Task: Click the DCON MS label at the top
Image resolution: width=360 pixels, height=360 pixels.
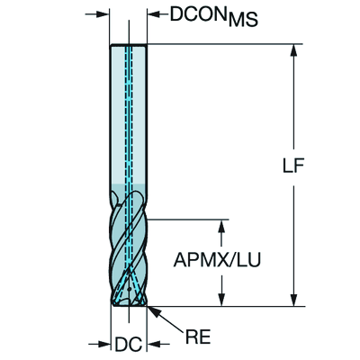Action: click(213, 16)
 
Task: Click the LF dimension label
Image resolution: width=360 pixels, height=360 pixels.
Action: click(293, 165)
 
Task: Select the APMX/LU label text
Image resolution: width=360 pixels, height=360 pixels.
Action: click(217, 260)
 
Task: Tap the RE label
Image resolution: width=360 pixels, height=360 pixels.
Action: click(198, 337)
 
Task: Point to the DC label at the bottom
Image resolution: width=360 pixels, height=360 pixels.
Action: click(129, 345)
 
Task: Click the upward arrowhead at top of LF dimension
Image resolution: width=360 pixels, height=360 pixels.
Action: click(294, 50)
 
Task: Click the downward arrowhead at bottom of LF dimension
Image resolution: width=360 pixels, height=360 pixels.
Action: click(294, 300)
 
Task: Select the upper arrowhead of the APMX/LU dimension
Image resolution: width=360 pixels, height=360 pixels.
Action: click(221, 226)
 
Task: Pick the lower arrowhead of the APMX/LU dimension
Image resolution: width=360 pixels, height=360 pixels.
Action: click(221, 300)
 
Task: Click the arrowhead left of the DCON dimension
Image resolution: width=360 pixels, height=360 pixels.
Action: click(103, 13)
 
